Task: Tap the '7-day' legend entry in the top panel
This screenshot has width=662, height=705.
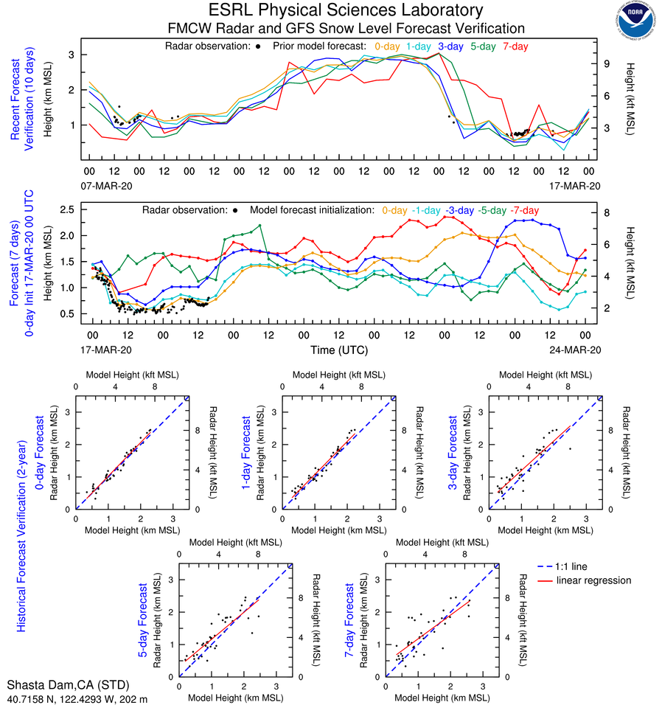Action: pyautogui.click(x=515, y=46)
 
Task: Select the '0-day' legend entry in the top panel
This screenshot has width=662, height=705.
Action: pyautogui.click(x=387, y=46)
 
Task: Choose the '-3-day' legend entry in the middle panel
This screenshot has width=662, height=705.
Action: pyautogui.click(x=461, y=210)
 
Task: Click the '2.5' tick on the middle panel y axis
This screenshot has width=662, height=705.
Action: pyautogui.click(x=69, y=210)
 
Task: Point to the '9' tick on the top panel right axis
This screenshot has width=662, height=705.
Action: pyautogui.click(x=605, y=64)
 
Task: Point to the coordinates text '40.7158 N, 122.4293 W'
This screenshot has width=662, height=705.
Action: pyautogui.click(x=63, y=698)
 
